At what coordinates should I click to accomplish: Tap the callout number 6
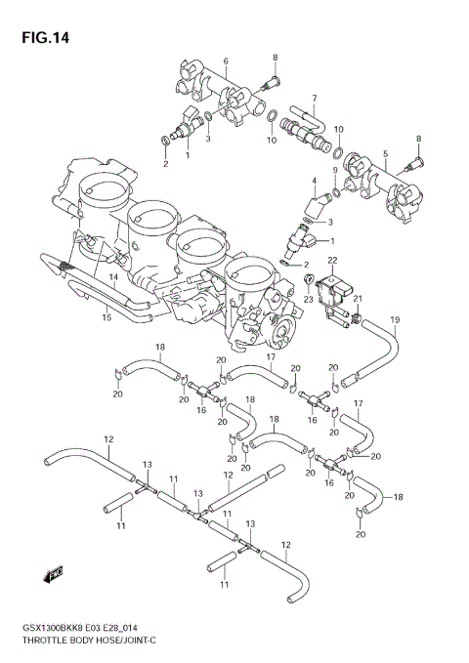pos(225,61)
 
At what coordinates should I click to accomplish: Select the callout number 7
pos(314,98)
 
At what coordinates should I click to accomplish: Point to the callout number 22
pos(332,260)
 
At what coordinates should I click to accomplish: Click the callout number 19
pos(396,319)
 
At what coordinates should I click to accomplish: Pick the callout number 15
pos(107,317)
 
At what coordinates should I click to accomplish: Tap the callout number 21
pos(358,299)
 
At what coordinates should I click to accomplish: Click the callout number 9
pos(333,171)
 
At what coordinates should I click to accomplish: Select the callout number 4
pos(314,181)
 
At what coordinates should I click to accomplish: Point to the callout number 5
pos(385,153)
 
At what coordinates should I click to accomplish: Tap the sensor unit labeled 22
pos(334,285)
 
